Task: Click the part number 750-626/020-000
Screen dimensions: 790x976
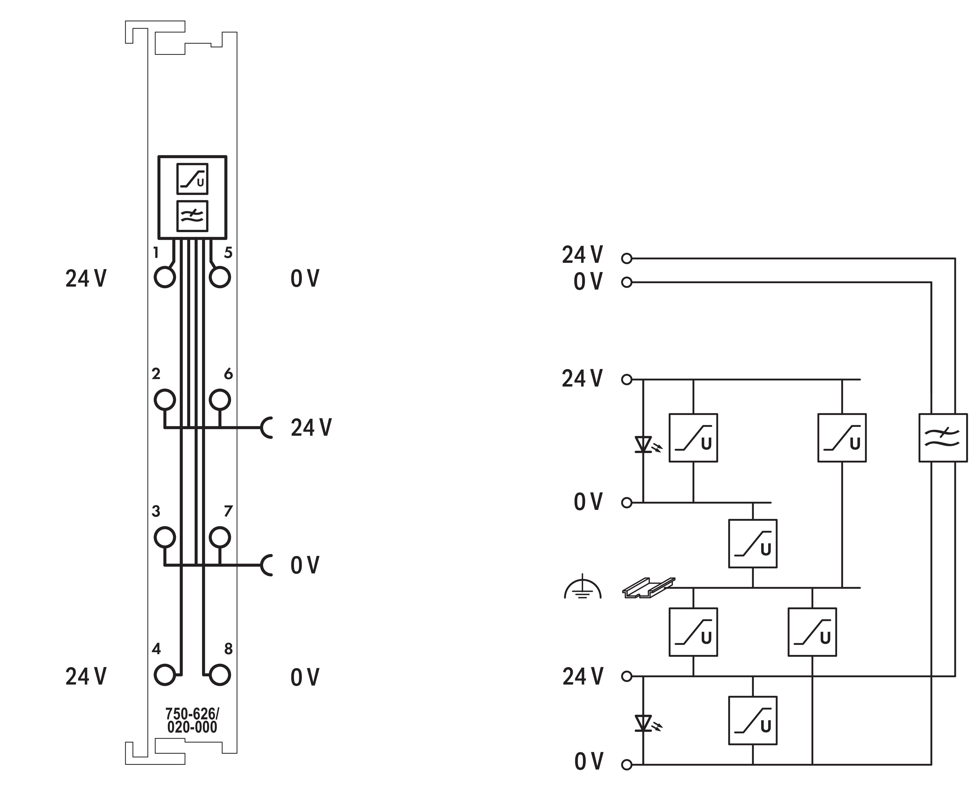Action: click(192, 720)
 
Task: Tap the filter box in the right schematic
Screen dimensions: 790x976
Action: click(943, 438)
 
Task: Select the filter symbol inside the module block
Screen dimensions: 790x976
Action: click(192, 216)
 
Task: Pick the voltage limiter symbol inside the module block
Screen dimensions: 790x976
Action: click(192, 179)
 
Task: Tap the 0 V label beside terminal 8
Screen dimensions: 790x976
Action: click(305, 677)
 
